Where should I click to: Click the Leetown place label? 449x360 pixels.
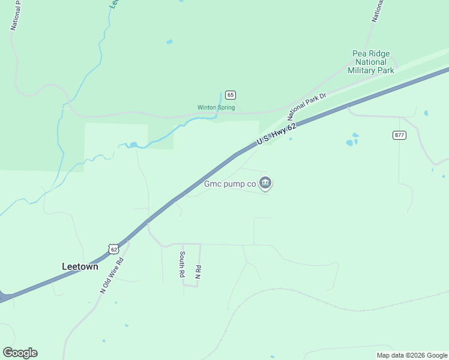pos(80,266)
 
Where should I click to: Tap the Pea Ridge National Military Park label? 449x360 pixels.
pos(371,62)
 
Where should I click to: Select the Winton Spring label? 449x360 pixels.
pos(216,108)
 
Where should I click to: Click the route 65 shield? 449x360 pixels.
pos(231,95)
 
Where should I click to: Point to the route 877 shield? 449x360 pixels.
pos(400,135)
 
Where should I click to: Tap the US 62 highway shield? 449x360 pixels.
pos(114,248)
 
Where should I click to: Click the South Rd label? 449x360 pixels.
pos(181,264)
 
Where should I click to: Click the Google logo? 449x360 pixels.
pos(20,353)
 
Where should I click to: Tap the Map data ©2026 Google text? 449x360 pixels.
pos(412,355)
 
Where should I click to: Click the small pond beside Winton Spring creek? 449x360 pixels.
pos(133,145)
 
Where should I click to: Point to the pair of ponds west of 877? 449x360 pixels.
pos(352,140)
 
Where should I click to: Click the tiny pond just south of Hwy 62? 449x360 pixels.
pos(291,139)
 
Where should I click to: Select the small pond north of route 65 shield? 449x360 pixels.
pos(169,42)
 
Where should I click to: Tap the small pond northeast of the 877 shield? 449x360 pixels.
pos(426,113)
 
